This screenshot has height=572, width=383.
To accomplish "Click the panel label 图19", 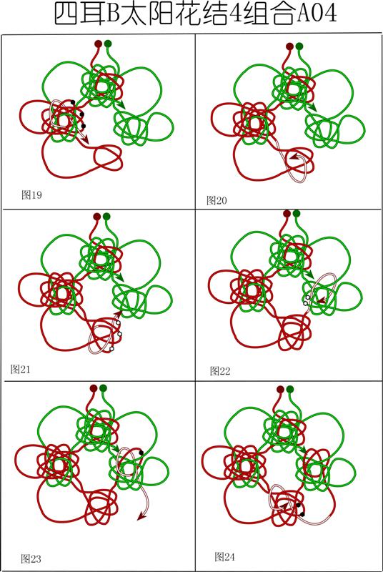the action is (x=31, y=195).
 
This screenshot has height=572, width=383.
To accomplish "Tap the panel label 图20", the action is (x=217, y=200).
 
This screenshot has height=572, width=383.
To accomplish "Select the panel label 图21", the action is (x=21, y=369).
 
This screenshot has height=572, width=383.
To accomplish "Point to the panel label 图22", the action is (x=220, y=371).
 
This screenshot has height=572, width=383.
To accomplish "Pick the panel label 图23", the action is (x=31, y=558).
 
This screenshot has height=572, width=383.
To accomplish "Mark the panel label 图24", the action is (x=224, y=557).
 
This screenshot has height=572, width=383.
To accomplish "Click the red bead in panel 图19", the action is (x=98, y=44).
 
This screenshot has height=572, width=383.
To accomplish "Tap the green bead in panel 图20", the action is (x=299, y=46).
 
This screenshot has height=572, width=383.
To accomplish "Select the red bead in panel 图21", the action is (x=96, y=217).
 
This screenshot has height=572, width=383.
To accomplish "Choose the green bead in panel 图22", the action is (x=297, y=213).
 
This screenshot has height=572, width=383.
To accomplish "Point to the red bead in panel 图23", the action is (x=94, y=388).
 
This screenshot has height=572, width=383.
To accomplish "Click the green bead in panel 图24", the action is (x=290, y=390).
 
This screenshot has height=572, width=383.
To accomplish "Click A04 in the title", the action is (x=317, y=14).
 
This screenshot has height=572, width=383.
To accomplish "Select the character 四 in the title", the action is (x=66, y=14).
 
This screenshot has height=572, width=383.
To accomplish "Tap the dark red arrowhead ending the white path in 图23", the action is (x=142, y=516).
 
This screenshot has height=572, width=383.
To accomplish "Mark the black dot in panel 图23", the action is (x=141, y=453).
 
